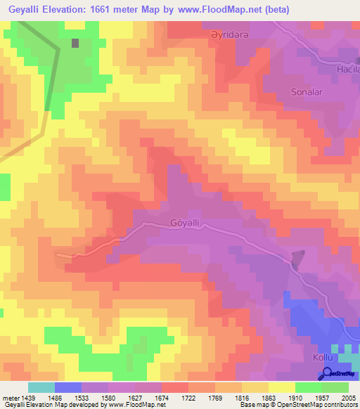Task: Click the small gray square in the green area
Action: [x=75, y=42]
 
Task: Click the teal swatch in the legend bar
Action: [x=41, y=387]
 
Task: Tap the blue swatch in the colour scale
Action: [x=68, y=387]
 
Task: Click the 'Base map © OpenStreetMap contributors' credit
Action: [x=297, y=405]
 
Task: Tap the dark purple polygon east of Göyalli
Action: [x=298, y=259]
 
